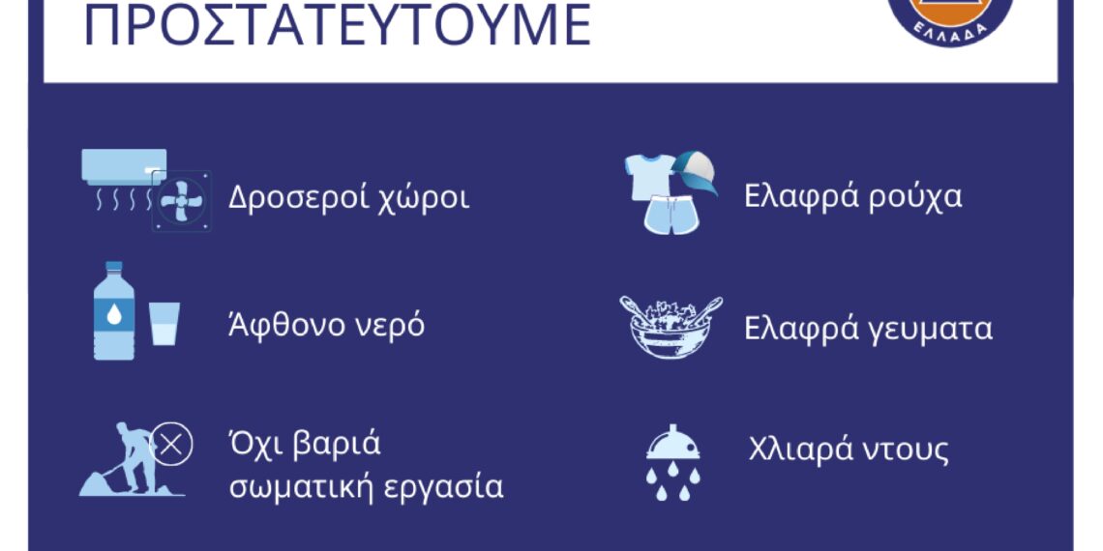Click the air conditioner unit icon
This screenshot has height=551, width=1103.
124,167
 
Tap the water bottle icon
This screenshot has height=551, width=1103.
114,311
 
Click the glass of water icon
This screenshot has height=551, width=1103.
164,323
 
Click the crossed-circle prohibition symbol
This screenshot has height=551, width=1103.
174,446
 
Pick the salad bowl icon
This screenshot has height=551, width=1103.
670,327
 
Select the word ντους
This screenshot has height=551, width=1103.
902,450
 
